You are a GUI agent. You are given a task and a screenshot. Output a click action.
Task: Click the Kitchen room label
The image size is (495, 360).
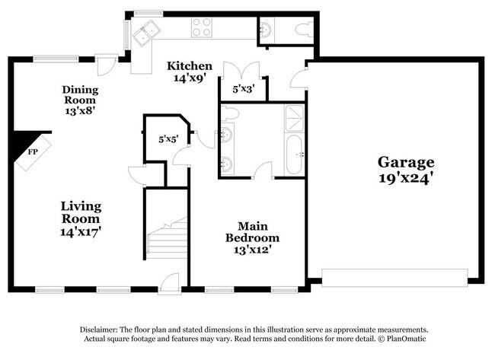(190, 65)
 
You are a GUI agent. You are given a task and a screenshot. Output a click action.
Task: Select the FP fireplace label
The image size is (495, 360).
(33, 152)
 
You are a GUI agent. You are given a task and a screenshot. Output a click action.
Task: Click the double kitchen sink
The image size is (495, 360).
(145, 32)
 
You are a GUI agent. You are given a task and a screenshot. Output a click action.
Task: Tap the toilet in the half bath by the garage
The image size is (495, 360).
(302, 30)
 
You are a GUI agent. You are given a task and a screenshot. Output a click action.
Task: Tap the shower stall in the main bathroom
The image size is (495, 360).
(294, 118)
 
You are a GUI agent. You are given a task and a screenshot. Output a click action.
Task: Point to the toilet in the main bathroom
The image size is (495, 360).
(232, 113)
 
